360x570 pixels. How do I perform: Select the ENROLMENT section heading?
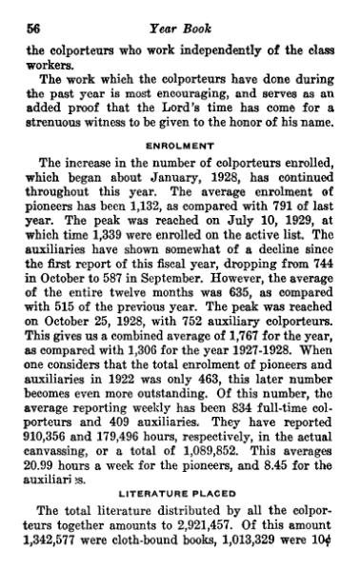tap(179, 146)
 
